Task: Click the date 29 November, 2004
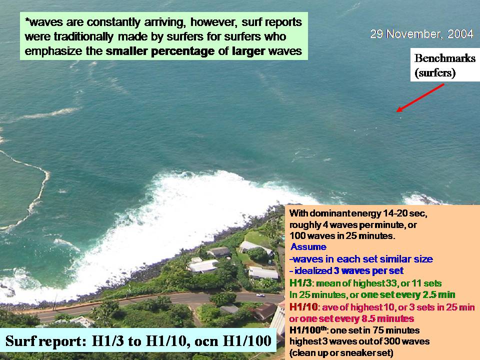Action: tap(421, 34)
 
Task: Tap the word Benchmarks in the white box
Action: tap(445, 58)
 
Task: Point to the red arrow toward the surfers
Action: tap(420, 98)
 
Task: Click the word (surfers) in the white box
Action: tap(435, 73)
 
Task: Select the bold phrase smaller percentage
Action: tap(160, 51)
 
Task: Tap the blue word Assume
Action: tap(308, 246)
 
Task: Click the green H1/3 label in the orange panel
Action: tap(300, 283)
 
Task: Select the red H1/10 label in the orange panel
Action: tap(303, 306)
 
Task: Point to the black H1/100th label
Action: tap(308, 330)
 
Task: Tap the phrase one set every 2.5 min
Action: tap(408, 295)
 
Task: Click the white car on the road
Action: tap(260, 295)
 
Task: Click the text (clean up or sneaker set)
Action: tap(341, 353)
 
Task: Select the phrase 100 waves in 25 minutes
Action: tap(342, 236)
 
